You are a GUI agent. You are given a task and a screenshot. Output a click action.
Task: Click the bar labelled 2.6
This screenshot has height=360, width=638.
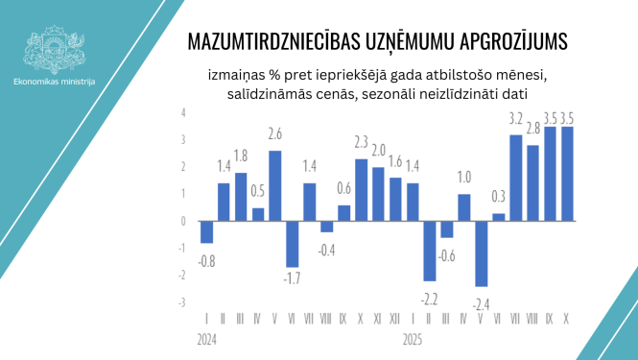pyautogui.click(x=275, y=185)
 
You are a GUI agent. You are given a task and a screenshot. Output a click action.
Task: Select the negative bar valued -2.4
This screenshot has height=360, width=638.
pyautogui.click(x=482, y=253)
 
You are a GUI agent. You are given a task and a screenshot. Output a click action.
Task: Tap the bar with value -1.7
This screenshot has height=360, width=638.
pyautogui.click(x=293, y=244)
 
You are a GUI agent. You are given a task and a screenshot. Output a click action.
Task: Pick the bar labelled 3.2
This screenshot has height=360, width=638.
pyautogui.click(x=515, y=178)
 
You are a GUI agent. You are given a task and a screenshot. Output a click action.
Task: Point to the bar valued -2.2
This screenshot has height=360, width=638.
pyautogui.click(x=430, y=251)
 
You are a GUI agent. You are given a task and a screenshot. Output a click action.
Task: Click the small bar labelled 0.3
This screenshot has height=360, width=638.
pyautogui.click(x=499, y=217)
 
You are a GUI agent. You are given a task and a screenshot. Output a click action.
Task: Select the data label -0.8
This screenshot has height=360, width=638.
pyautogui.click(x=206, y=259)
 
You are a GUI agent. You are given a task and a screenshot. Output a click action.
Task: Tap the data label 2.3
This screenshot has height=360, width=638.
pyautogui.click(x=362, y=142)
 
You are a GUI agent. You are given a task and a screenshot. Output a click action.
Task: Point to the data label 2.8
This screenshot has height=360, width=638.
pyautogui.click(x=532, y=128)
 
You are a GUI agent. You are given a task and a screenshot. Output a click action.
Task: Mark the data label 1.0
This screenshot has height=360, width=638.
pyautogui.click(x=464, y=177)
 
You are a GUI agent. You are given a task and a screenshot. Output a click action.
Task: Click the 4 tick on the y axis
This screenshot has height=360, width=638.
pyautogui.click(x=183, y=112)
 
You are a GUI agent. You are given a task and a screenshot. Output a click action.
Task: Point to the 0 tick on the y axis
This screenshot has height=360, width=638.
pyautogui.click(x=183, y=221)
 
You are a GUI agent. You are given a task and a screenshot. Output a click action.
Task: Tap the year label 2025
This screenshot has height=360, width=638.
pyautogui.click(x=413, y=339)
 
